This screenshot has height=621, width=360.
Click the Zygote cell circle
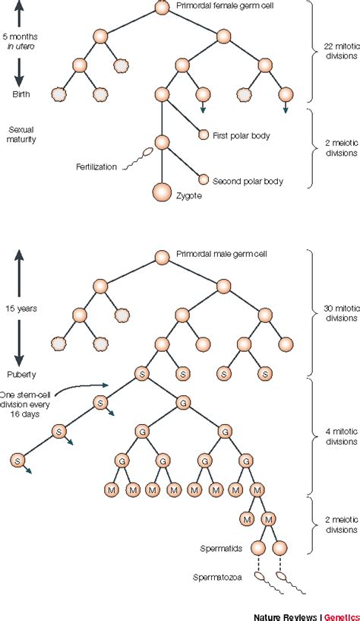(x=162, y=192)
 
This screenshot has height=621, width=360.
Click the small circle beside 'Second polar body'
(x=203, y=180)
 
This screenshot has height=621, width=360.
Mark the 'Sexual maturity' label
(x=22, y=134)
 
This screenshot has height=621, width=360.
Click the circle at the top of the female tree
(x=162, y=8)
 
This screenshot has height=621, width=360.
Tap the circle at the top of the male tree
(x=162, y=257)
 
